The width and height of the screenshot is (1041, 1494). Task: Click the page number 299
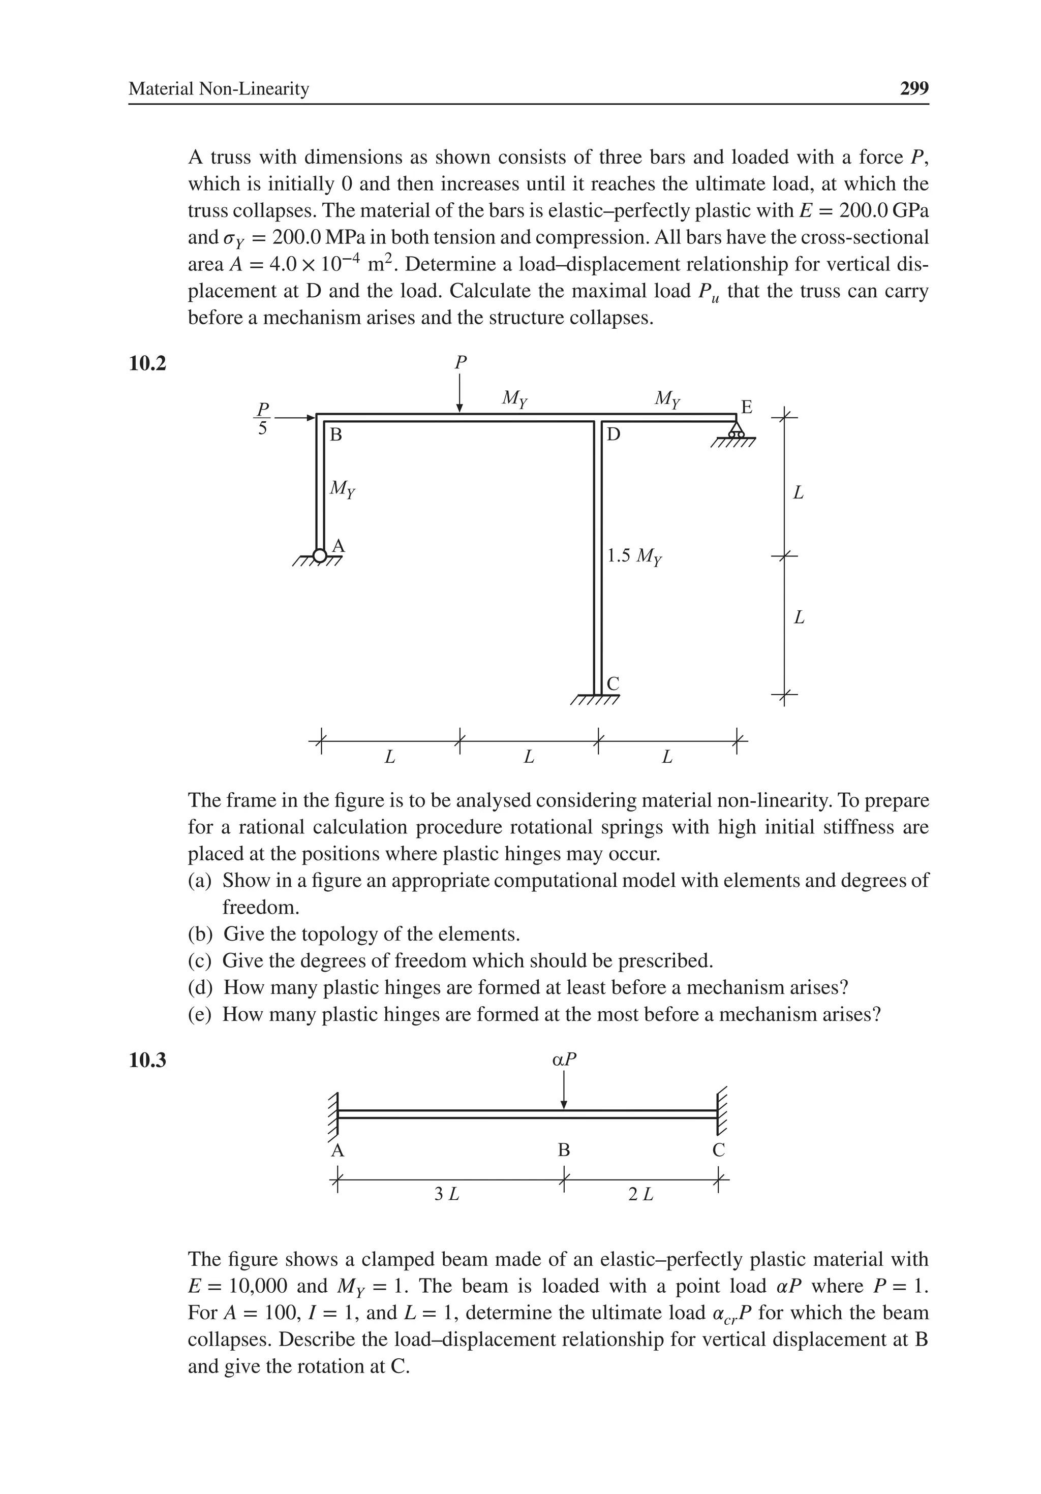click(913, 88)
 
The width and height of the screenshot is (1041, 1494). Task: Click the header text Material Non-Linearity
click(219, 88)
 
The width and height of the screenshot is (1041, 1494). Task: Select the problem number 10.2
click(148, 364)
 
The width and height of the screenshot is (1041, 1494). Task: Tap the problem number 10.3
click(148, 1060)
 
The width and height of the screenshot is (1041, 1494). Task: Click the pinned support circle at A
click(319, 555)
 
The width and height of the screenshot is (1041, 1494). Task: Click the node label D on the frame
click(614, 434)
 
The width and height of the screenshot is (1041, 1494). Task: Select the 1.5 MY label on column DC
click(634, 556)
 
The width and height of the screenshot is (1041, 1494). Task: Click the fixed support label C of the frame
click(613, 684)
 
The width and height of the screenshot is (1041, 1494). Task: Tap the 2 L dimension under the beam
click(640, 1193)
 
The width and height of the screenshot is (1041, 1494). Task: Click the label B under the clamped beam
click(564, 1150)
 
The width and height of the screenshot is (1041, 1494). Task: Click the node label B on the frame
click(336, 434)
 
